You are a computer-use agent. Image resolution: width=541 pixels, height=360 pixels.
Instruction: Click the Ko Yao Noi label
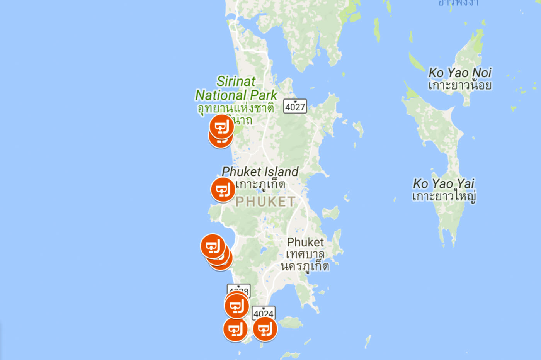tap(459, 72)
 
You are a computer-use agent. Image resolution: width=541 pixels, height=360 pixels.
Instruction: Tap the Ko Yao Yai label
tap(443, 183)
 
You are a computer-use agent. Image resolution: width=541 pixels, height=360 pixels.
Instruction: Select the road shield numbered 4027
tap(295, 106)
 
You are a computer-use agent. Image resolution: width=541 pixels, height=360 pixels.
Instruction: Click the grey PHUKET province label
tap(265, 202)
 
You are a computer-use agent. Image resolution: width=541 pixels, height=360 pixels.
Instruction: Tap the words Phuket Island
tap(260, 171)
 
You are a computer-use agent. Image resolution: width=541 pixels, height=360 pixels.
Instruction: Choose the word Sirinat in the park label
tap(236, 81)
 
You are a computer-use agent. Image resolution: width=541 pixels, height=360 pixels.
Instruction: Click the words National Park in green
tap(236, 95)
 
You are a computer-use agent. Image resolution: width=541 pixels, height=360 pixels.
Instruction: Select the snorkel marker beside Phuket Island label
tap(223, 190)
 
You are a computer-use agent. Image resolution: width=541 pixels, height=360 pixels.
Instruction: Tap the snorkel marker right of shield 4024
tap(265, 329)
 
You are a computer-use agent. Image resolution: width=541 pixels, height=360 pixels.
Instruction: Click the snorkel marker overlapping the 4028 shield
tap(236, 306)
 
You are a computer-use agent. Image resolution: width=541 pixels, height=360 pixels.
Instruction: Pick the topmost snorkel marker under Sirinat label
tap(222, 126)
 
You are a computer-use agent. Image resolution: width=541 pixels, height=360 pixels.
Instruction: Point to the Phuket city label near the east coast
tap(305, 242)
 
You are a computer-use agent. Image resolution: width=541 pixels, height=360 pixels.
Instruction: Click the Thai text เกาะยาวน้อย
tap(459, 85)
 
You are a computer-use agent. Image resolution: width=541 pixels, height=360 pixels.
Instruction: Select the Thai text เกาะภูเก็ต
tap(260, 184)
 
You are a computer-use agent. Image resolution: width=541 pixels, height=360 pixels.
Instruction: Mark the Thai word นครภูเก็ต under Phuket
tap(305, 266)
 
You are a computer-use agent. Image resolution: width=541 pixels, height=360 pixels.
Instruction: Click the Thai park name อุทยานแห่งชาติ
tap(236, 108)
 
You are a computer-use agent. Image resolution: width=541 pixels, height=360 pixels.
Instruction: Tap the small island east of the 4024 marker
tap(291, 322)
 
